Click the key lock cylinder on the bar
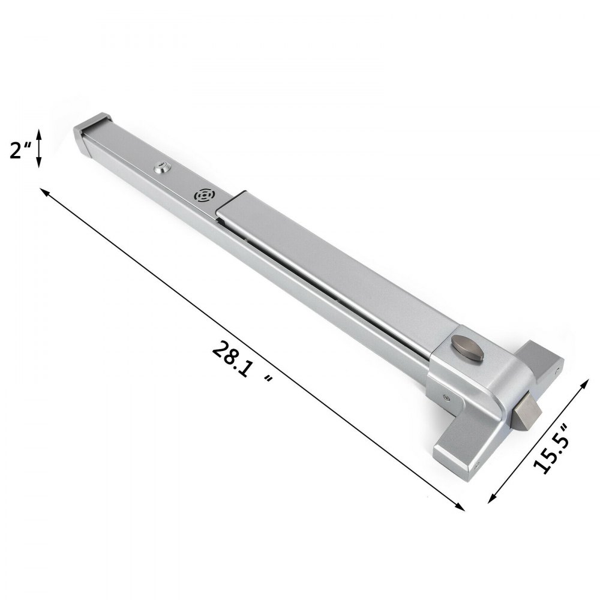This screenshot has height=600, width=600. pyautogui.click(x=161, y=169)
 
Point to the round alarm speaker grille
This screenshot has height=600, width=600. pyautogui.click(x=203, y=196)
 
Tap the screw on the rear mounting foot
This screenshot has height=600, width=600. pyautogui.click(x=560, y=361)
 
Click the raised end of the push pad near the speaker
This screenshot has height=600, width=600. pyautogui.click(x=234, y=205)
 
